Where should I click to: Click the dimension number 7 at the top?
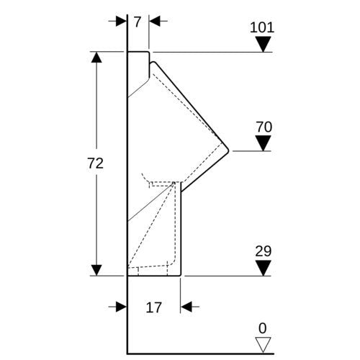pos(137,22)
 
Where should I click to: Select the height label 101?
pos(262,27)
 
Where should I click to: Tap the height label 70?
pos(264,127)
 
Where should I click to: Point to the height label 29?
pos(264,251)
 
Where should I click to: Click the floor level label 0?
pos(263,328)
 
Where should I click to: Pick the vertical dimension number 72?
pos(95,163)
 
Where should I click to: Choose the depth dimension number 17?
pos(154,307)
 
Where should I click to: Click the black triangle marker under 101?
pos(264,44)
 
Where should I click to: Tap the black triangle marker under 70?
pos(264,143)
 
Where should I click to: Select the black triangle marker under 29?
pos(264,268)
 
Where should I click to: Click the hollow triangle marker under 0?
pos(263,345)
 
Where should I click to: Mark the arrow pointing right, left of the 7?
pos(117,21)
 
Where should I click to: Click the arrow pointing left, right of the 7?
pos(158,21)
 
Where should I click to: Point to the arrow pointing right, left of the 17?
pos(117,307)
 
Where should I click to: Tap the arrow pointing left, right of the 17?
pos(190,307)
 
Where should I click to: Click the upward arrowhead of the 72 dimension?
pos(96,58)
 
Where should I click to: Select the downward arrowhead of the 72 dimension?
pos(96,270)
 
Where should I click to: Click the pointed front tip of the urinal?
pos(228,151)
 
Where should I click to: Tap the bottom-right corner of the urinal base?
pos(180,276)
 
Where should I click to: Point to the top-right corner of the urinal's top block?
pos(149,52)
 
